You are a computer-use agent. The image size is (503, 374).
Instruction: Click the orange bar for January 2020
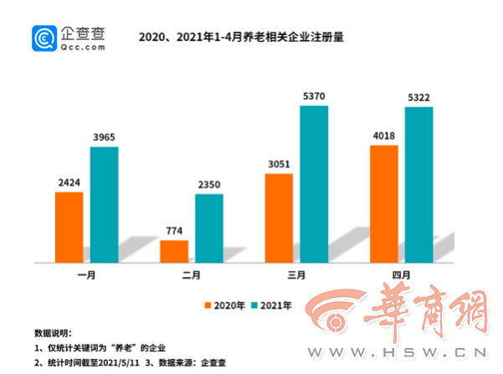pyautogui.click(x=69, y=227)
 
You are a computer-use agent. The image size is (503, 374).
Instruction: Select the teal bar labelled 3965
pyautogui.click(x=105, y=204)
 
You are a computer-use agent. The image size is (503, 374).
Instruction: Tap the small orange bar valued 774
pyautogui.click(x=174, y=251)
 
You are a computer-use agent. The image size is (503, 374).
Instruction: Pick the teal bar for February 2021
pyautogui.click(x=209, y=228)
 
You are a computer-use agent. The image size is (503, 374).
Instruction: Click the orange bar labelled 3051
pyautogui.click(x=279, y=218)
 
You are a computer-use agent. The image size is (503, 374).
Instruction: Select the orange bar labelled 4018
pyautogui.click(x=383, y=203)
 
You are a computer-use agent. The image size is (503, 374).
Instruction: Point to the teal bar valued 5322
pyautogui.click(x=418, y=184)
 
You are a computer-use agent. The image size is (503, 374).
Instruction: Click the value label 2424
pyautogui.click(x=69, y=181)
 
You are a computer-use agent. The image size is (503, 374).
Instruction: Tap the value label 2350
pyautogui.click(x=209, y=183)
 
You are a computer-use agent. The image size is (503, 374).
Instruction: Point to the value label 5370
pyautogui.click(x=315, y=95)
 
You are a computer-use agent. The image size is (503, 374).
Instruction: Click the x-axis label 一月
pyautogui.click(x=86, y=274)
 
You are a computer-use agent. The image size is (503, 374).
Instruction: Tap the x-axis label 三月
pyautogui.click(x=296, y=274)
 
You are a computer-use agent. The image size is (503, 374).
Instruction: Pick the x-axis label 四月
pyautogui.click(x=401, y=274)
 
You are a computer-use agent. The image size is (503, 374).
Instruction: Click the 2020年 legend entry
pyautogui.click(x=225, y=305)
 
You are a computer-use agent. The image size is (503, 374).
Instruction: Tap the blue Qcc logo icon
pyautogui.click(x=44, y=39)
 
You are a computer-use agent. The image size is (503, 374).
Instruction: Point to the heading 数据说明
pyautogui.click(x=53, y=332)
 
